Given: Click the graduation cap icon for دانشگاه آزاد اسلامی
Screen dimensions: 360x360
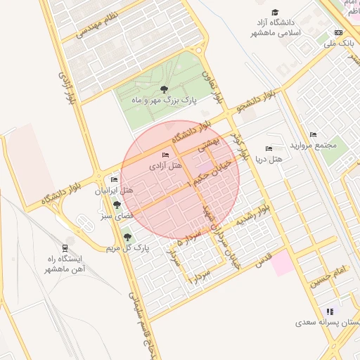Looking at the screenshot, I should coord(275,13).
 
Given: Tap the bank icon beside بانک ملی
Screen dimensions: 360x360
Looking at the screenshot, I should coord(339,33).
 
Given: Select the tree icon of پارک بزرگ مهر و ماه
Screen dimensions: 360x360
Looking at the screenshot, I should coord(164,89).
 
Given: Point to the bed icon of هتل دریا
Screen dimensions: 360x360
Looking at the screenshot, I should coord(269,148).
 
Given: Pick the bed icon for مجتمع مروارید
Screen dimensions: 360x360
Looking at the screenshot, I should coord(313,135).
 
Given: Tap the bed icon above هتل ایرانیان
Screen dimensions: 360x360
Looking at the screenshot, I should coord(114,180).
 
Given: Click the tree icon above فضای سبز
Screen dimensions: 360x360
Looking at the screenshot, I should coord(117,205).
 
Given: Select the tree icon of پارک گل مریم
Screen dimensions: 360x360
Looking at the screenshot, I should coord(127,237).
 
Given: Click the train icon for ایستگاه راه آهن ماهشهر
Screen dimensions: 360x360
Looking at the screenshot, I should coord(65,247).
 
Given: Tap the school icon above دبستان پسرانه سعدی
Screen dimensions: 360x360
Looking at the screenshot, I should coord(329,311).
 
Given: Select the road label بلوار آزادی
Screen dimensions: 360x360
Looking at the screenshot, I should coord(60,87).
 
